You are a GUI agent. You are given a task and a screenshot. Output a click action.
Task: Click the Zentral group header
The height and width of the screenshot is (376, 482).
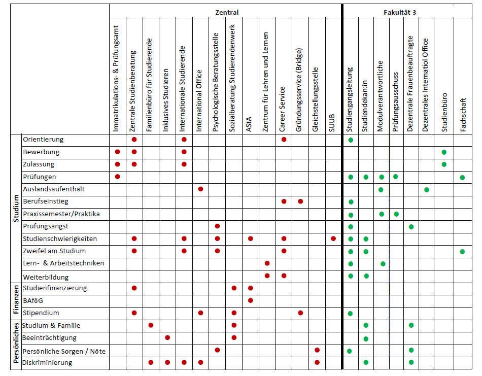227,12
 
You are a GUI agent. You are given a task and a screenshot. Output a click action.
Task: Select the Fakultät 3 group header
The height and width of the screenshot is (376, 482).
400,12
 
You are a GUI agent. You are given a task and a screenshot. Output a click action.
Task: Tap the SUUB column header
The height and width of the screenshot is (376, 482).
331,123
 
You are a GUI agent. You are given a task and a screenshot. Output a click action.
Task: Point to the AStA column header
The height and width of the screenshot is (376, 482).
249,124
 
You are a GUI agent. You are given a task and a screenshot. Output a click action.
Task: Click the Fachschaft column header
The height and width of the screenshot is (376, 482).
463,115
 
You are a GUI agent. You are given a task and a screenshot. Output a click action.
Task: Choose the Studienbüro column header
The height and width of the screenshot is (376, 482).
444,113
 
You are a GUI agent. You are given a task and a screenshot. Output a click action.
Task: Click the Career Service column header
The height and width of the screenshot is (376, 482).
282,110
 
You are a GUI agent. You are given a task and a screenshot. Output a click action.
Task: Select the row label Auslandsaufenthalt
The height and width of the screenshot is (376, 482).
54,189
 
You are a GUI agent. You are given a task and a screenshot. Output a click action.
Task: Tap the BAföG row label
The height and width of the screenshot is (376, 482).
33,301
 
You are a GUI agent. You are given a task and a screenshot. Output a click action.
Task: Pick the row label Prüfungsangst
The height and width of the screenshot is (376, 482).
46,226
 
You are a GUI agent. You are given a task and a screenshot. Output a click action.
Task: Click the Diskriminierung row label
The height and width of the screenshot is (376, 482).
47,363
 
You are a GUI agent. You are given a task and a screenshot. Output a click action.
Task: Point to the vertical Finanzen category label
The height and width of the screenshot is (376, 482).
16,300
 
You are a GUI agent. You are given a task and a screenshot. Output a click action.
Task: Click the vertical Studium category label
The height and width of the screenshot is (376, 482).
16,209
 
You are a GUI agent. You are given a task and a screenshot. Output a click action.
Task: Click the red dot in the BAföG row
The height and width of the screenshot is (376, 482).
251,300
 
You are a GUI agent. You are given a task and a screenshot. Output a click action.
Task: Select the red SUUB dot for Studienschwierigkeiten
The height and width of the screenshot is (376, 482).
333,238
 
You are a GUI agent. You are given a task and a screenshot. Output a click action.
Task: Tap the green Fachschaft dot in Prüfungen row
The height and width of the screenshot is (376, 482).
462,178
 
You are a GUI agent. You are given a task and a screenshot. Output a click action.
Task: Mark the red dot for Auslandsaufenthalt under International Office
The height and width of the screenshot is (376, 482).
201,189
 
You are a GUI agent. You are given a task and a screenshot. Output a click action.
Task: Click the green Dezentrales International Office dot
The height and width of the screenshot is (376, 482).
427,190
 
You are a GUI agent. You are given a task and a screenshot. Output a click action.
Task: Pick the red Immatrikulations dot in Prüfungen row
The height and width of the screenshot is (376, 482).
117,177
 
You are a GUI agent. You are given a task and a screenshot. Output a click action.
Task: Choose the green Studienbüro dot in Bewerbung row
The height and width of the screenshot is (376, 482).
444,152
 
